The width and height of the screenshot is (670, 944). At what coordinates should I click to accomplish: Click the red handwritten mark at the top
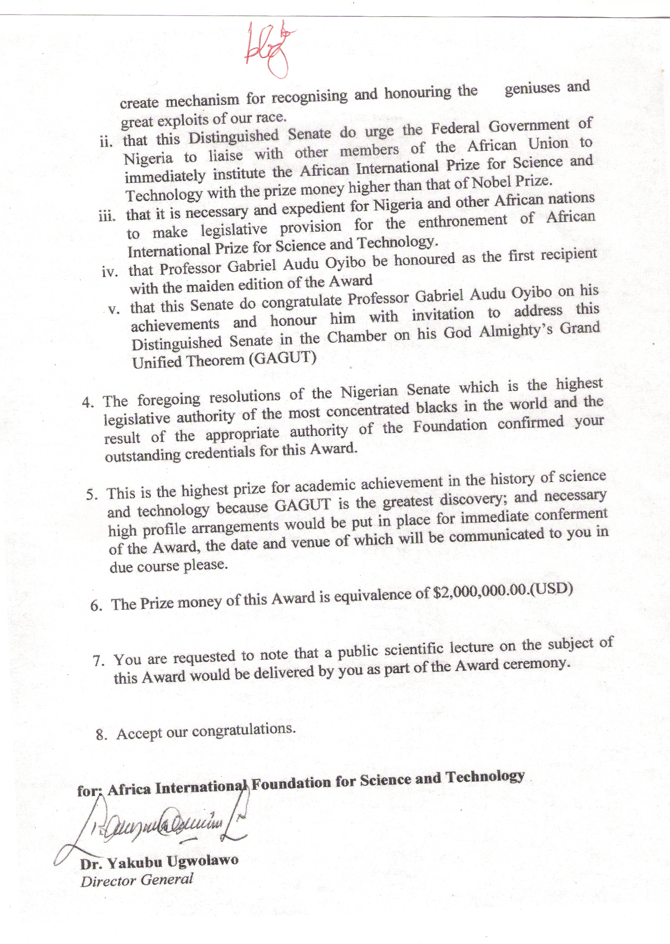(x=269, y=49)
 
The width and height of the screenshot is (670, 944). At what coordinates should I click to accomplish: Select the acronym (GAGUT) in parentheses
(x=282, y=358)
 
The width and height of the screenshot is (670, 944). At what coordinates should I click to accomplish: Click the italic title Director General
(x=137, y=880)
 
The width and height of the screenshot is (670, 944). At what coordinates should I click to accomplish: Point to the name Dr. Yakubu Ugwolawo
(x=159, y=861)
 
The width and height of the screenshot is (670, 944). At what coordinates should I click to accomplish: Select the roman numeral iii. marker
(x=106, y=217)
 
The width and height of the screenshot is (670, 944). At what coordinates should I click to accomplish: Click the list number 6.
(x=96, y=606)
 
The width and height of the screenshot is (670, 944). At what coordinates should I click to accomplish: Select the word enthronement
(x=462, y=221)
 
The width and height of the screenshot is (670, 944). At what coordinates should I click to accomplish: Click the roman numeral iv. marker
(x=109, y=272)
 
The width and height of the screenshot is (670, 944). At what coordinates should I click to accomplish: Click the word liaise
(x=226, y=155)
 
